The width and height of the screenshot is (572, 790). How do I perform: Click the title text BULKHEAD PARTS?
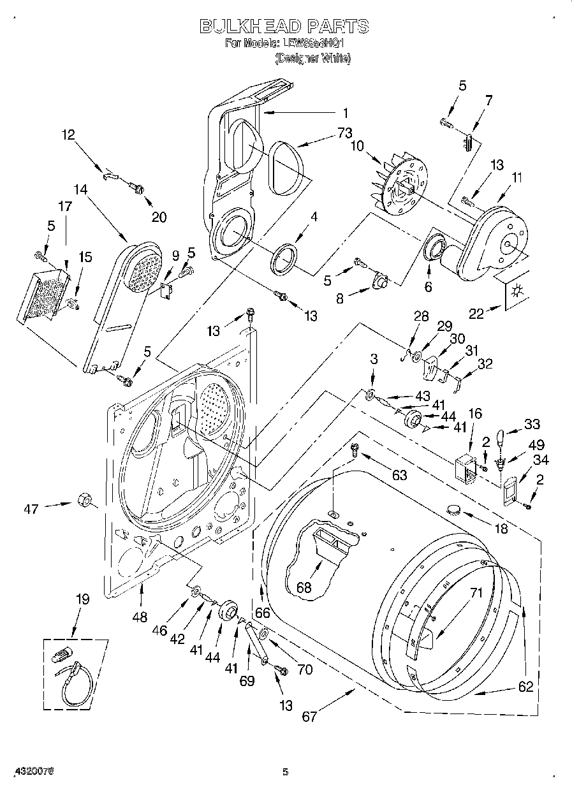[x=284, y=26]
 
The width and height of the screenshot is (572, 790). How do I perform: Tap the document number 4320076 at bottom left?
[x=28, y=771]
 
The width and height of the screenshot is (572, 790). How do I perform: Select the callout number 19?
[x=83, y=599]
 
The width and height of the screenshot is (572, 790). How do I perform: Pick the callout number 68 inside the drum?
[x=304, y=587]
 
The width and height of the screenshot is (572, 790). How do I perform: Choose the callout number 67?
[x=309, y=716]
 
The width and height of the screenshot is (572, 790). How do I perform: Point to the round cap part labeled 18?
[x=455, y=508]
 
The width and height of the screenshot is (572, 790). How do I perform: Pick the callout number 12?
[x=68, y=135]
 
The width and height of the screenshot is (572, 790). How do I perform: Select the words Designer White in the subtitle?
[x=313, y=58]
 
